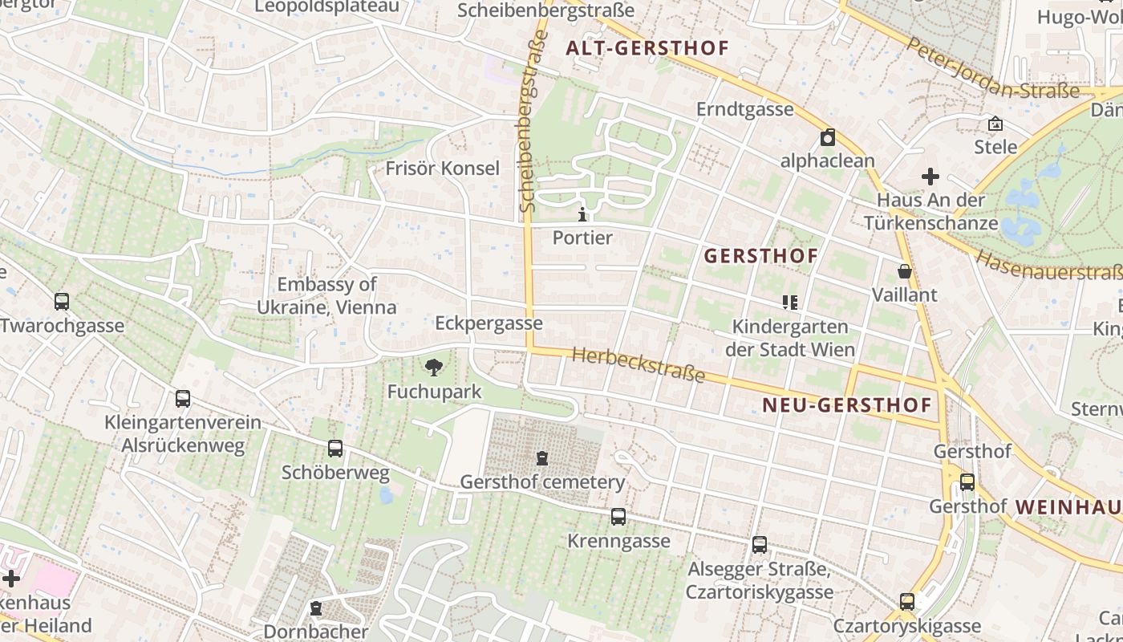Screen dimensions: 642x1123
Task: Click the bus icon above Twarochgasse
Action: click(62, 302)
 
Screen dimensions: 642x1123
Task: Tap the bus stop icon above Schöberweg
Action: click(335, 449)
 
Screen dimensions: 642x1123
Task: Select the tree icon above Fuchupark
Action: click(434, 368)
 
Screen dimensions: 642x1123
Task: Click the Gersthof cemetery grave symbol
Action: click(542, 458)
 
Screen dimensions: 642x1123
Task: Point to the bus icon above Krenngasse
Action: click(618, 517)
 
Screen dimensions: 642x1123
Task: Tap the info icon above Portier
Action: click(582, 214)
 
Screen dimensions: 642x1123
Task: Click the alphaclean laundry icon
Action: click(828, 137)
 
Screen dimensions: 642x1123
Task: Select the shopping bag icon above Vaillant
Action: click(905, 271)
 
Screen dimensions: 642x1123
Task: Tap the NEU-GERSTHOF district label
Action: click(847, 405)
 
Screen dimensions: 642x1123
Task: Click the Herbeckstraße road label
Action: click(639, 365)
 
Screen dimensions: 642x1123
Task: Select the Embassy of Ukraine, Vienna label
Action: click(326, 295)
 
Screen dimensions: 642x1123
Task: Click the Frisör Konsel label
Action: click(442, 169)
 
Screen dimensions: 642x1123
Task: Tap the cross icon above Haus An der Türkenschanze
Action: click(930, 176)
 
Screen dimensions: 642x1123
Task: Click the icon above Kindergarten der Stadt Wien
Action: click(790, 303)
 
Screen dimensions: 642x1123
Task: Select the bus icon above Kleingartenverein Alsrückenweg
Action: click(183, 399)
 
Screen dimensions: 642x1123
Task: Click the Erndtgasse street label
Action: click(744, 109)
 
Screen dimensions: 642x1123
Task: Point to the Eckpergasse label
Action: click(489, 323)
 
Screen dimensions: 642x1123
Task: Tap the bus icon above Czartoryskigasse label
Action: click(907, 602)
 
